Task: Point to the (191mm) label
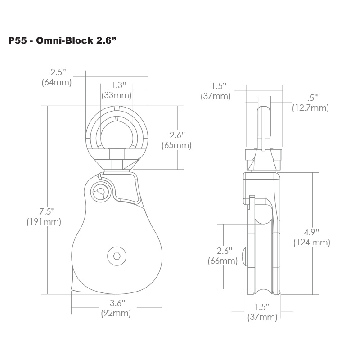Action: [x=44, y=221]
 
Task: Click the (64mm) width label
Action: [x=57, y=82]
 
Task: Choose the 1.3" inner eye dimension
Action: [x=116, y=85]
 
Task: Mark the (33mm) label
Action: [x=116, y=95]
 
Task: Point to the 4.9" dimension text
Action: [x=312, y=232]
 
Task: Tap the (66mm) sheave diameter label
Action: [x=222, y=261]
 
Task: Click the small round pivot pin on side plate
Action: [x=100, y=191]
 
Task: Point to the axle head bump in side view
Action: [x=245, y=256]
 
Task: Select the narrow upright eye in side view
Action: [x=264, y=126]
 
